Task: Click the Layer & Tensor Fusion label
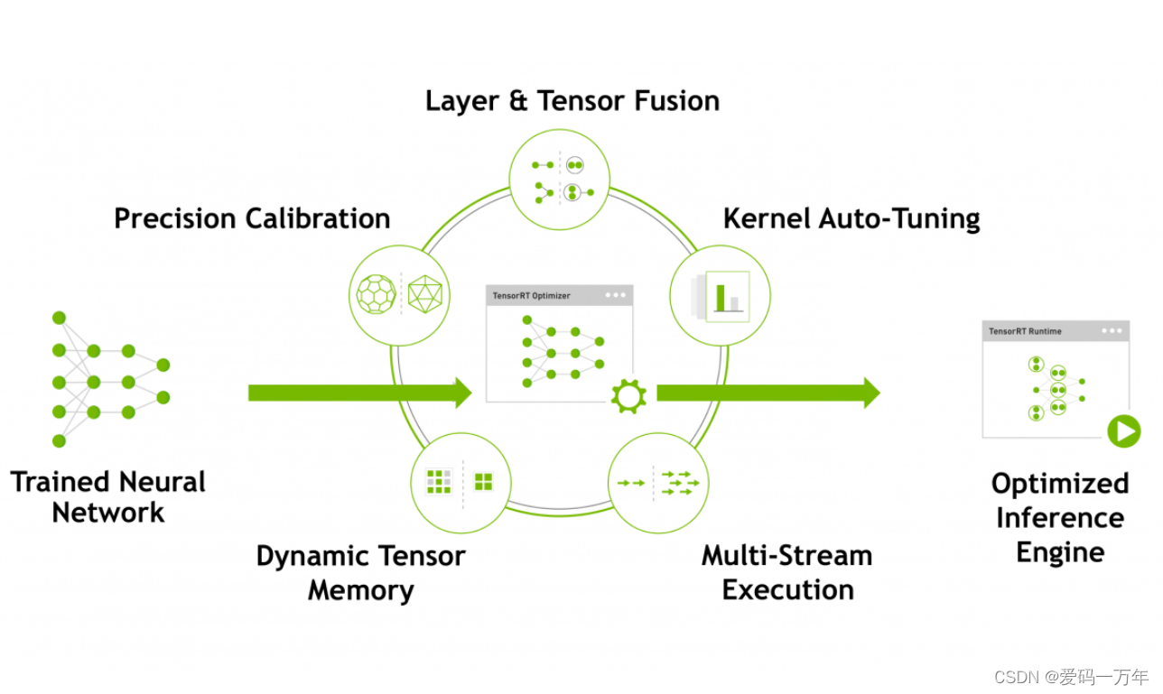(572, 100)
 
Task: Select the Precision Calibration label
(252, 218)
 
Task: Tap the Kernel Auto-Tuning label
(851, 218)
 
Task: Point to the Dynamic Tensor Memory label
(360, 572)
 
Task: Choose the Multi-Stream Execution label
(787, 572)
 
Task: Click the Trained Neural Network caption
(108, 496)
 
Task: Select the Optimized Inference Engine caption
(1060, 517)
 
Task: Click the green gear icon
(628, 396)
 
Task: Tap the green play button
(1123, 431)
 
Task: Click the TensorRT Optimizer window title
(532, 296)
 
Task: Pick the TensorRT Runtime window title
(1025, 331)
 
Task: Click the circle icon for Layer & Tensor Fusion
(560, 179)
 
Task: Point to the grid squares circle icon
(461, 482)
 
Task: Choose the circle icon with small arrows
(658, 483)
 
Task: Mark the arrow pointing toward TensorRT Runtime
(768, 393)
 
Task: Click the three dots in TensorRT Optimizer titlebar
(615, 295)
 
